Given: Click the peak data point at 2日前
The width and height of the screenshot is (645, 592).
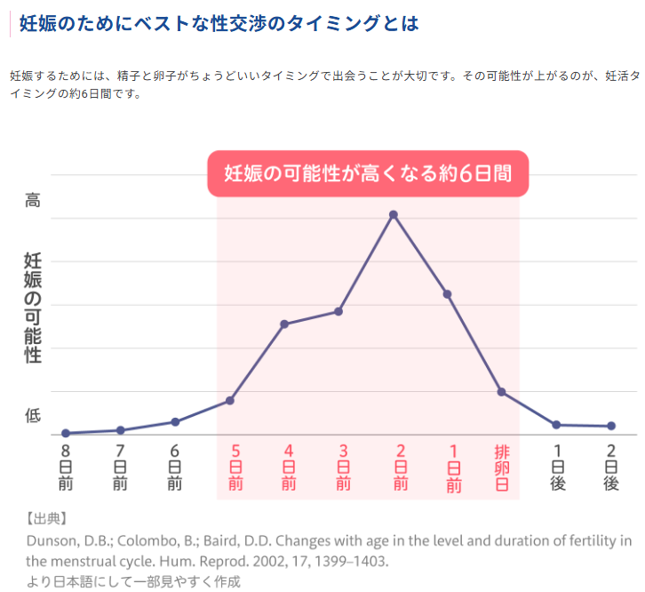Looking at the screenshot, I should (393, 215).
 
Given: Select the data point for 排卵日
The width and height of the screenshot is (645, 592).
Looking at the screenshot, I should (502, 392).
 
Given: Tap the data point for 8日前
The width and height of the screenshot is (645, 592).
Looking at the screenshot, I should (66, 433).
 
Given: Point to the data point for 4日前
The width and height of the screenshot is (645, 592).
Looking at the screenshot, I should (284, 324).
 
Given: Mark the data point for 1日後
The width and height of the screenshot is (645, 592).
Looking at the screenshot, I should (556, 425).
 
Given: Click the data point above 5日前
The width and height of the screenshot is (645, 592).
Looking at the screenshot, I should (230, 401).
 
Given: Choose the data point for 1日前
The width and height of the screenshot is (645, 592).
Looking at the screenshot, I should (448, 294).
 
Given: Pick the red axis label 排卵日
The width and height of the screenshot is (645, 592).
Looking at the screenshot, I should (502, 468).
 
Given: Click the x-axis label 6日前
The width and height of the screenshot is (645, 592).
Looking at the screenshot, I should (175, 468).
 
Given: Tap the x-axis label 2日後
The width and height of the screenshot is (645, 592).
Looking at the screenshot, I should (611, 468).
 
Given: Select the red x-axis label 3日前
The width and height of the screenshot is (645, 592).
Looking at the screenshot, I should (344, 468).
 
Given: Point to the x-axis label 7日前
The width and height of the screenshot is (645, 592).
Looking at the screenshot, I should (120, 468).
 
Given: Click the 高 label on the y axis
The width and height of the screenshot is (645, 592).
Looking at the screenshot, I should (33, 201).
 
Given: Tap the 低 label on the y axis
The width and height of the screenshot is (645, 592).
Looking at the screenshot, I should (33, 415).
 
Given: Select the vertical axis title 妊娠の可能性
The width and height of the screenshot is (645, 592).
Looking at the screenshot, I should (33, 308).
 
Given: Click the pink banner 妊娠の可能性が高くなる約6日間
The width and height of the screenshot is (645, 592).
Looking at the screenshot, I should (368, 173).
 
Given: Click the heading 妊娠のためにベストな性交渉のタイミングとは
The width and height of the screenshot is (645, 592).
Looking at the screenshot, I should (219, 23).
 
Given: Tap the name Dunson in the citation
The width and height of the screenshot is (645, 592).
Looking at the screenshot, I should (51, 540).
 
